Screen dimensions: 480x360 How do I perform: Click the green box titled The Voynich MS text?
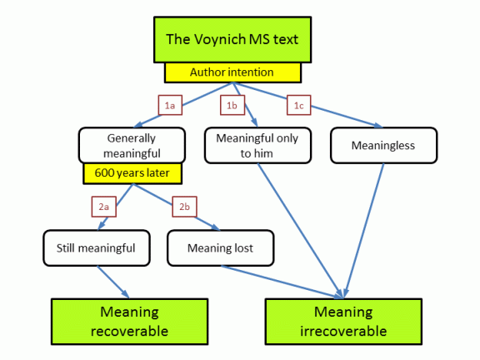pos(232,40)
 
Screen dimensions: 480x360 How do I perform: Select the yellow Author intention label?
pos(233,72)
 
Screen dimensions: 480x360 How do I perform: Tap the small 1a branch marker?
pos(170,105)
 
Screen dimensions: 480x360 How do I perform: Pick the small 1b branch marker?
pos(232,105)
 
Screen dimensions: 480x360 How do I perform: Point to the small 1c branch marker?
pos(299,105)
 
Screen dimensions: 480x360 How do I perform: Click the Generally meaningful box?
pos(132,145)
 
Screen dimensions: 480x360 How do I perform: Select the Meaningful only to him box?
pos(257,145)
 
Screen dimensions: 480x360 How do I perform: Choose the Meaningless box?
pos(384,145)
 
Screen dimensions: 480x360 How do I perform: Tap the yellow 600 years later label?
pos(132,173)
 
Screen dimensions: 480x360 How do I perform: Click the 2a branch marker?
pos(104,207)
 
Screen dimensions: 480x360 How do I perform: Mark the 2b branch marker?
pos(185,207)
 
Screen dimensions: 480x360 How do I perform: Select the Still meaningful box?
pos(97,248)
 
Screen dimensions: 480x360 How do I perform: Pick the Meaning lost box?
pos(221,248)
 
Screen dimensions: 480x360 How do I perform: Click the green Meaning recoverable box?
pos(130,322)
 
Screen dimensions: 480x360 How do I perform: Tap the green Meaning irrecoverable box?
pos(343,322)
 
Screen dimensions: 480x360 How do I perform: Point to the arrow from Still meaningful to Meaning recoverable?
pos(113,282)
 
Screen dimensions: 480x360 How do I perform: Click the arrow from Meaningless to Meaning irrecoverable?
pos(364,231)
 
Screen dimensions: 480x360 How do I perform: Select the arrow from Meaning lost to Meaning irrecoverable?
pos(282,282)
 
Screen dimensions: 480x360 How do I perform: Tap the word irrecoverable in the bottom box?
pos(343,331)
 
